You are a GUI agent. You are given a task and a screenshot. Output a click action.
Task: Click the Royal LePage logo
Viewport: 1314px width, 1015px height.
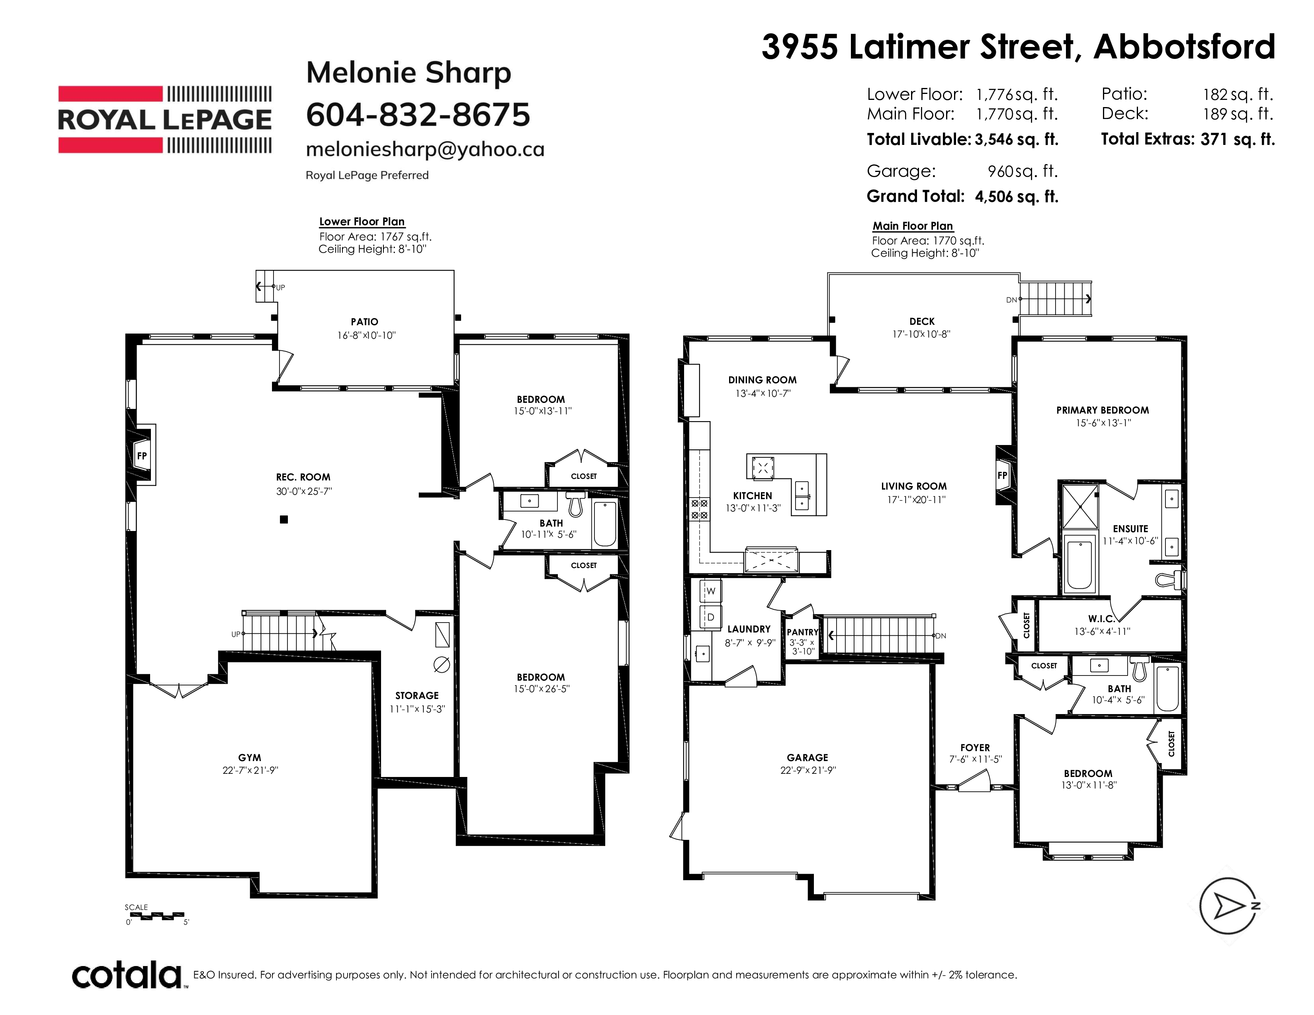tap(164, 120)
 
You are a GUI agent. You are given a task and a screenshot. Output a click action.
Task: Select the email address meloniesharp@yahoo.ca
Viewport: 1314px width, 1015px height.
tap(425, 149)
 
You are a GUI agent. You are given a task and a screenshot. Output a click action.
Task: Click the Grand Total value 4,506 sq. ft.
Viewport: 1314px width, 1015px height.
tap(1016, 197)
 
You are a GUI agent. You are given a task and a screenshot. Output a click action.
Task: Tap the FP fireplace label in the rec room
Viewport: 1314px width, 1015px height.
tap(142, 456)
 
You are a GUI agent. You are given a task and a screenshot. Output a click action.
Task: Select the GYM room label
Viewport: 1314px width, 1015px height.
tap(250, 757)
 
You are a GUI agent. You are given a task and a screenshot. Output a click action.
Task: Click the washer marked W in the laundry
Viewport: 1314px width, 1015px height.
tap(710, 591)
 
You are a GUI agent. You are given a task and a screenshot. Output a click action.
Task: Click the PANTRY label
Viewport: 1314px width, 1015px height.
tap(803, 632)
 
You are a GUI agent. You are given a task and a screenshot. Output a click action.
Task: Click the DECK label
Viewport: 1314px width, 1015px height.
tap(922, 322)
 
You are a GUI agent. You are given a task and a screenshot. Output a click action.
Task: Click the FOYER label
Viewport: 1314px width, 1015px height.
tap(975, 748)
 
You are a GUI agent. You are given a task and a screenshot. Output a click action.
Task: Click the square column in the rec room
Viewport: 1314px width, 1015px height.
tap(284, 519)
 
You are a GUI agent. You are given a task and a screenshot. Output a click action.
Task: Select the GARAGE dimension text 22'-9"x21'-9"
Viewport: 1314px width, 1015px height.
tap(808, 770)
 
